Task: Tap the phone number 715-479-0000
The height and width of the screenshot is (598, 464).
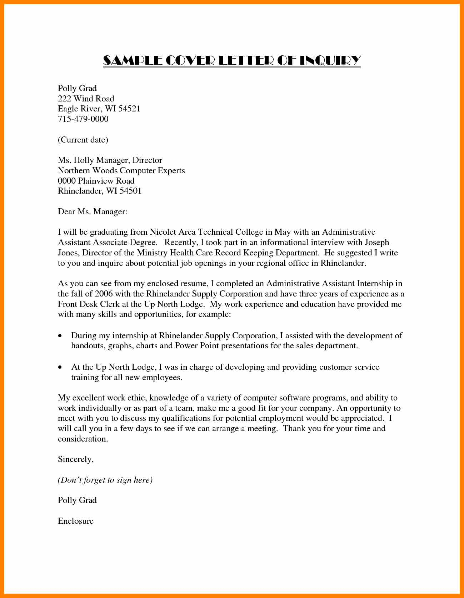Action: pos(83,119)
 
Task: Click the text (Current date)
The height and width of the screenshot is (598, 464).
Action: pos(83,140)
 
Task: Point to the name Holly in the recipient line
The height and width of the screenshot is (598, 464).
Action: pos(84,160)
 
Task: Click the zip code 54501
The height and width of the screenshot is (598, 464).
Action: pos(130,191)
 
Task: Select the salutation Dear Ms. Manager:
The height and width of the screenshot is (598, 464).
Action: pos(93,211)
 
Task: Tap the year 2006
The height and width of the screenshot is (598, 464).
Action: pos(104,294)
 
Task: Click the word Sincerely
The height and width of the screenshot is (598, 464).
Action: pos(75,459)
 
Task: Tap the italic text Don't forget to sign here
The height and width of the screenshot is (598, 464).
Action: pos(105,480)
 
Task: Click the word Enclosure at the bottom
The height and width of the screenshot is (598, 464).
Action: pos(76,521)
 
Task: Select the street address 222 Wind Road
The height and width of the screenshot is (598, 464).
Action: pos(86,99)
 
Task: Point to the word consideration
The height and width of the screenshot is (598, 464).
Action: pos(83,439)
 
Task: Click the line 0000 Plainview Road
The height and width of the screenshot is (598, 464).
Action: pos(96,181)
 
